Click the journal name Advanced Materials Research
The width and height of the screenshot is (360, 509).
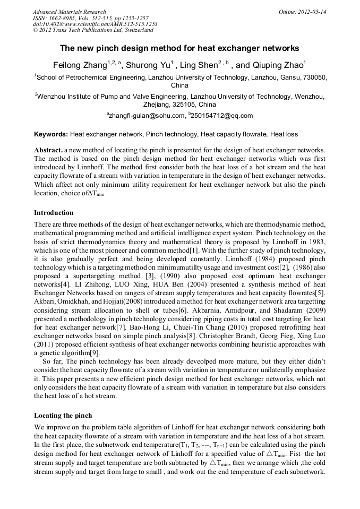(x=69, y=12)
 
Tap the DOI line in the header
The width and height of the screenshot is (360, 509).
(x=95, y=24)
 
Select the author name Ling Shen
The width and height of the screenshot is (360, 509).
(x=197, y=65)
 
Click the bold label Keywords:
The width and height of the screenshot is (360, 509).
(x=51, y=135)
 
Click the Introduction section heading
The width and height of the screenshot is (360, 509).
(x=54, y=213)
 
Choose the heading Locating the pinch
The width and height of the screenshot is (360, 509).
(x=63, y=416)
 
